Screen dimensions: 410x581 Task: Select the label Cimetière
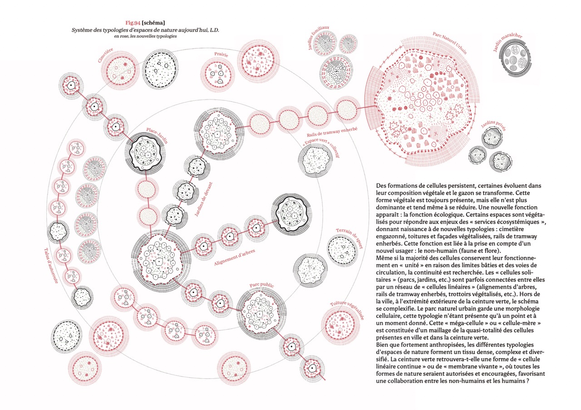pos(106,54)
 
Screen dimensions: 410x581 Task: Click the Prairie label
pos(221,54)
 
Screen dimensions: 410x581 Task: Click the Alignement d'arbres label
pos(235,257)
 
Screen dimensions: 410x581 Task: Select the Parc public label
pos(262,286)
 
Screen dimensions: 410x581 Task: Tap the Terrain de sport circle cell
pos(341,251)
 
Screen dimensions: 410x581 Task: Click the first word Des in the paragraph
pos(382,186)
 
